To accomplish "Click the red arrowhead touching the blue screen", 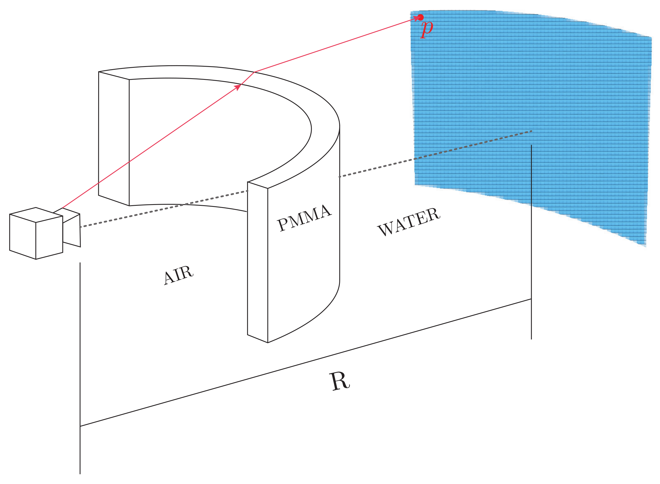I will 416,19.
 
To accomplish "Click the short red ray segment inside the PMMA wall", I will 247,78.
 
